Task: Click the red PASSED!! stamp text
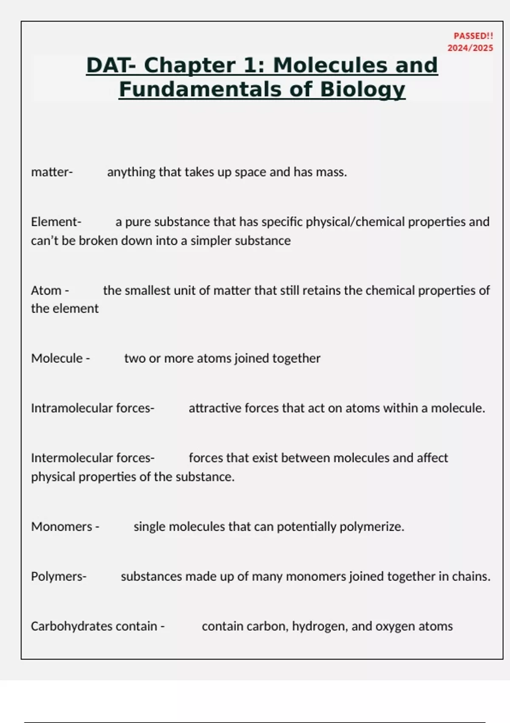[x=473, y=36]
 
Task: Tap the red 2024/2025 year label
[x=470, y=48]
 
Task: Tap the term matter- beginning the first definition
[x=52, y=172]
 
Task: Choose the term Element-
[x=56, y=222]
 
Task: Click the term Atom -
[x=50, y=290]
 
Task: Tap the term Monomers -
[x=65, y=527]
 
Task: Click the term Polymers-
[x=59, y=577]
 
